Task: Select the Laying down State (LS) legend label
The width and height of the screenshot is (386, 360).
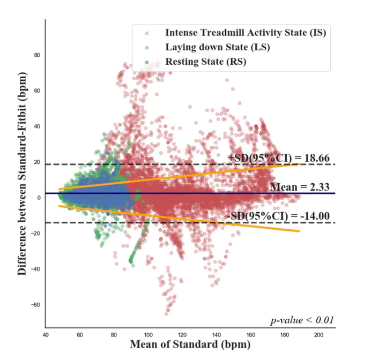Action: (x=217, y=47)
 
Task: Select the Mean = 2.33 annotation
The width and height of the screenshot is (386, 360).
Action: (x=302, y=186)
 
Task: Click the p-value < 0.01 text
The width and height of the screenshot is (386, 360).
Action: (x=302, y=320)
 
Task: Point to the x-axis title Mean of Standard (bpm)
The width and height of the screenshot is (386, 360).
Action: (x=190, y=344)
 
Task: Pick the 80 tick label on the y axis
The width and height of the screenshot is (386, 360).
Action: (x=37, y=55)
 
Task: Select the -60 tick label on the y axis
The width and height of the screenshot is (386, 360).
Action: (x=35, y=305)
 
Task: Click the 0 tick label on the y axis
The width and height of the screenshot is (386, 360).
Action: (x=39, y=198)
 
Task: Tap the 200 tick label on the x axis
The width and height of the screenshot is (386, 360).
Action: (x=318, y=335)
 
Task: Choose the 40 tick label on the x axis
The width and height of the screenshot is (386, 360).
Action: (x=46, y=335)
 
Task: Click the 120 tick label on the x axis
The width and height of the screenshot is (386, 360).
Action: (x=182, y=335)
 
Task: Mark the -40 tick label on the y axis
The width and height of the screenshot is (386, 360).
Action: (x=35, y=269)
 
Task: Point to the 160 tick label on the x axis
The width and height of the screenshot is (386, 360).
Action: (x=250, y=335)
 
